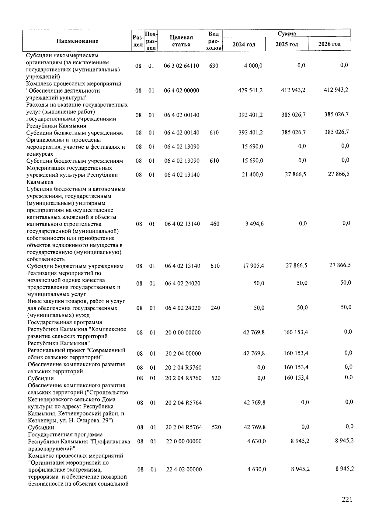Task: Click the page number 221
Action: [347, 499]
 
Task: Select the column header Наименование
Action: [77, 41]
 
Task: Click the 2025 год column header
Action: [287, 44]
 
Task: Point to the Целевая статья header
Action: [181, 41]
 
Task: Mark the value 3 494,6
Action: [254, 224]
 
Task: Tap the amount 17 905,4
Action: [253, 266]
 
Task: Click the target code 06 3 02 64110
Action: [181, 66]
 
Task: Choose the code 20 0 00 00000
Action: [183, 333]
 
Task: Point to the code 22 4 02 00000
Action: [184, 469]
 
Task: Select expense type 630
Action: [214, 66]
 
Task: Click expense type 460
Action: [214, 224]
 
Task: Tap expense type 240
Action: [215, 308]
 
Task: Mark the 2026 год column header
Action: [329, 44]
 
